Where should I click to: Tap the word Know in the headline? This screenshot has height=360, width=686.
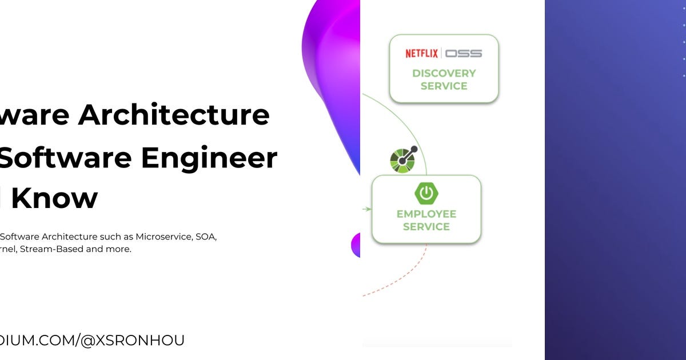(x=55, y=198)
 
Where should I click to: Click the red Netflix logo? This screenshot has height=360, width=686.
(x=421, y=53)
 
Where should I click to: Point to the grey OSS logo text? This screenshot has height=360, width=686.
(x=464, y=53)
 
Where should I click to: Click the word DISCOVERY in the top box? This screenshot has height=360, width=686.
(x=444, y=73)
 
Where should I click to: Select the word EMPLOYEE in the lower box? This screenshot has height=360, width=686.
(x=426, y=214)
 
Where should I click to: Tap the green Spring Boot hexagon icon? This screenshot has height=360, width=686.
(x=426, y=194)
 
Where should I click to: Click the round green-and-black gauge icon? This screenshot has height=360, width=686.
(x=402, y=160)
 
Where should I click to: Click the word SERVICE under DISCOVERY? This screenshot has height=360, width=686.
(x=444, y=86)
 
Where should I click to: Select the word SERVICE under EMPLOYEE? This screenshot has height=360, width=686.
(x=426, y=227)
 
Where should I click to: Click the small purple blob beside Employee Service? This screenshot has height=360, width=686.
(x=356, y=245)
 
